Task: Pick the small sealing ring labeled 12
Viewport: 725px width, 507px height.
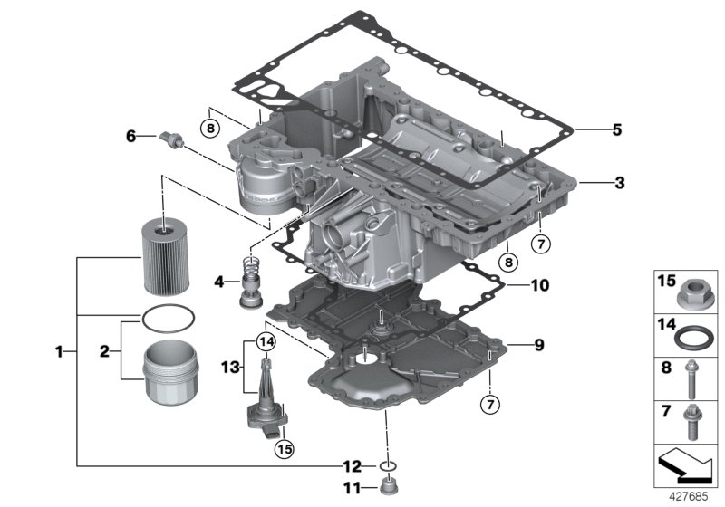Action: pos(388,467)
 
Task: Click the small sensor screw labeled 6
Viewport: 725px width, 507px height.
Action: pos(169,138)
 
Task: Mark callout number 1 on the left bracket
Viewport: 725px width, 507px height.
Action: pos(60,350)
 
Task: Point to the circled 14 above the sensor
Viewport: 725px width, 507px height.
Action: pos(265,341)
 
